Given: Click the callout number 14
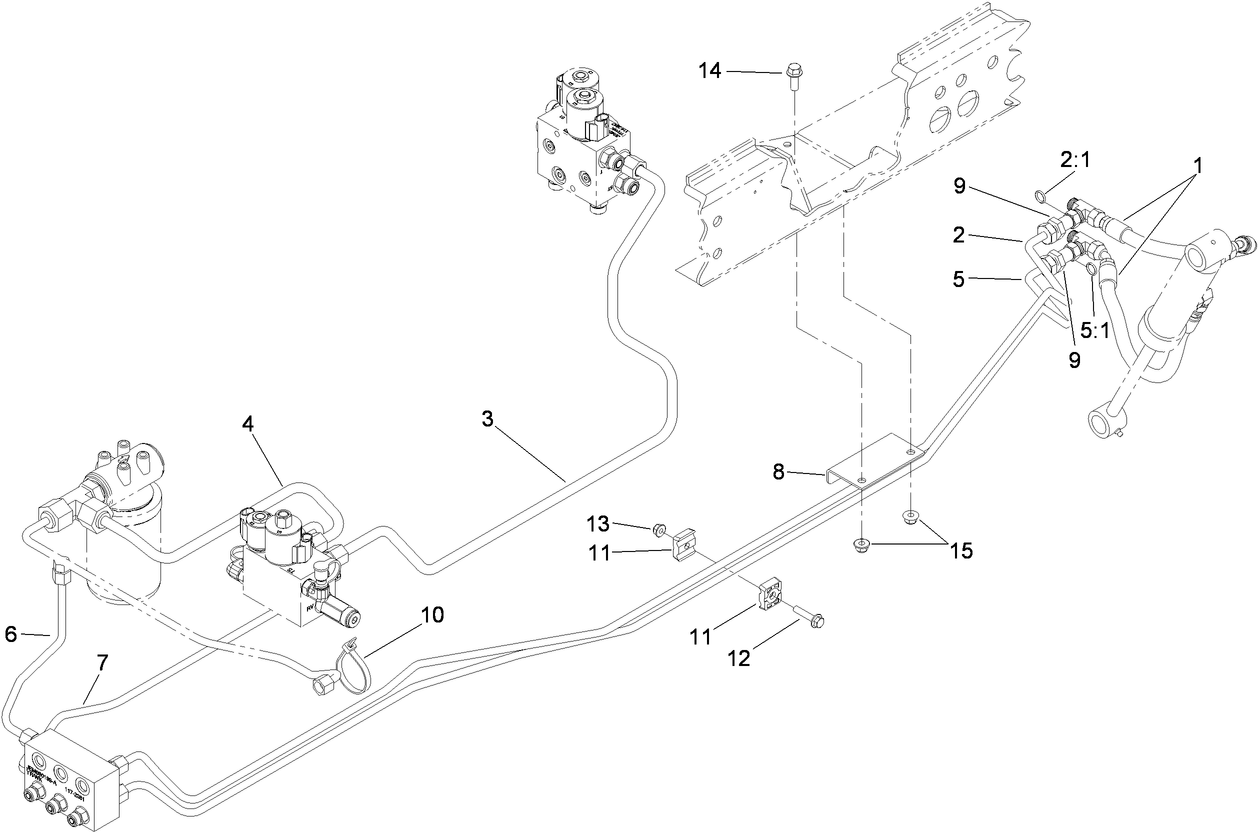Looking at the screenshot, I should click(x=709, y=70).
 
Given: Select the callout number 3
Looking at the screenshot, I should click(x=487, y=419).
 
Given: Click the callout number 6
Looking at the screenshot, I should click(x=12, y=633).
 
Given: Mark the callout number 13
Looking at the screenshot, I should click(x=597, y=524).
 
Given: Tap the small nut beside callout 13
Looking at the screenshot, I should click(x=659, y=528).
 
